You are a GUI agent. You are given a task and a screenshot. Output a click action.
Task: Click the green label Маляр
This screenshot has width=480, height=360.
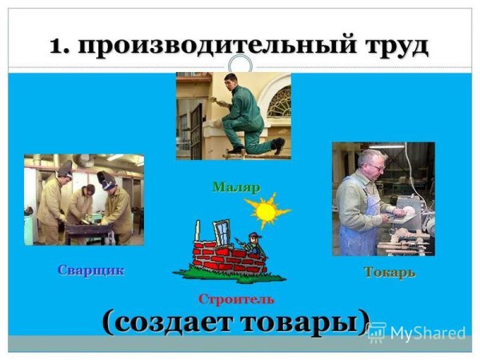[236, 187]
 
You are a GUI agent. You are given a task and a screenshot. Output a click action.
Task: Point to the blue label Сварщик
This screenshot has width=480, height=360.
[90, 270]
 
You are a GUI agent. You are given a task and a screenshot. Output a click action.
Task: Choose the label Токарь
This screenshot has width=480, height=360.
[390, 272]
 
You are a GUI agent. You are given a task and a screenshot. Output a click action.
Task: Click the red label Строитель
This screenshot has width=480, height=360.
[236, 299]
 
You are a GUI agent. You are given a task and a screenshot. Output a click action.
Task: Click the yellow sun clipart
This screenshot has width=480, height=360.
[262, 211]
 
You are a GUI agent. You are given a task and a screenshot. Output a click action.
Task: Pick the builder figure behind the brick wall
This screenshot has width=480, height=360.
[254, 243]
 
